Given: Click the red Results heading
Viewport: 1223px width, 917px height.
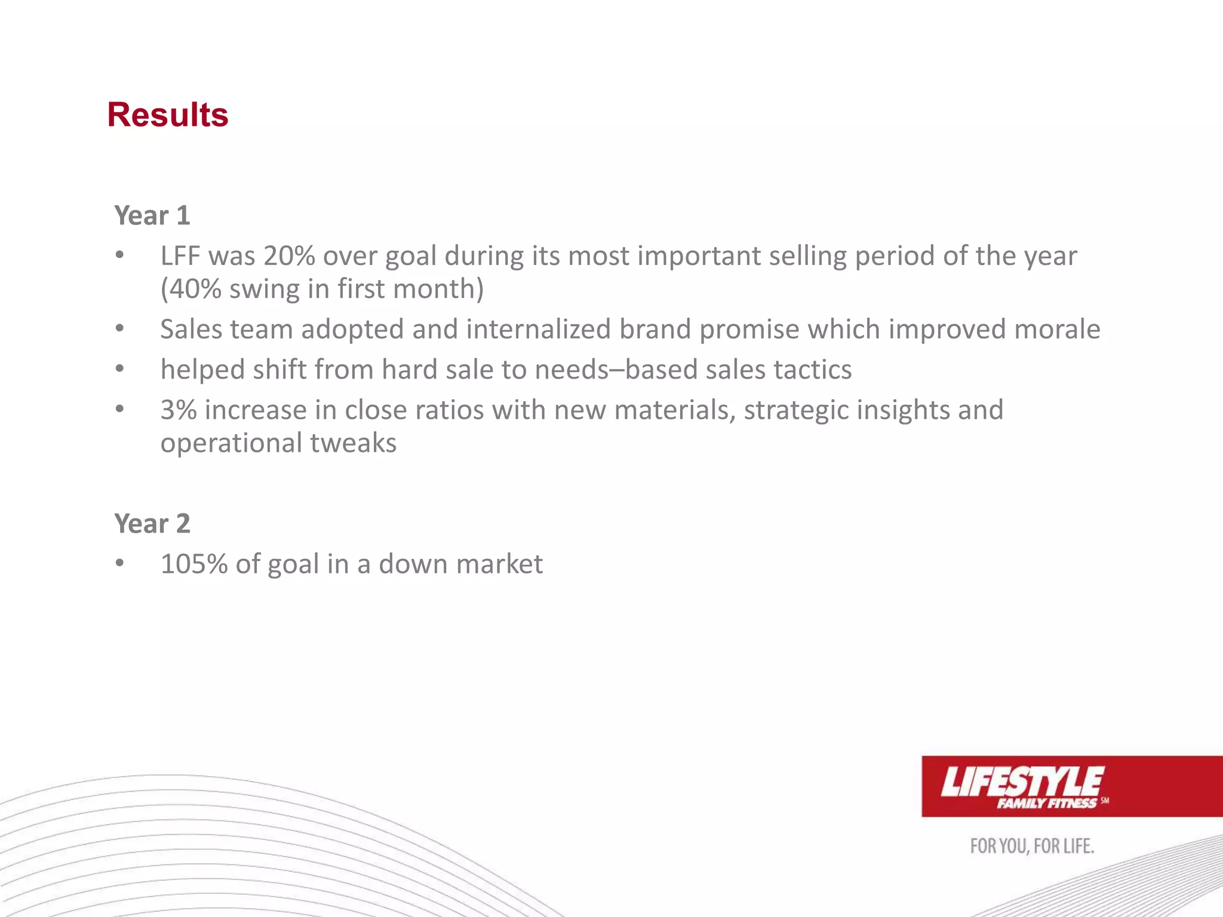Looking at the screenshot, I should tap(168, 115).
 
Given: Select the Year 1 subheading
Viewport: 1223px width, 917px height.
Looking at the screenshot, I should tap(152, 216).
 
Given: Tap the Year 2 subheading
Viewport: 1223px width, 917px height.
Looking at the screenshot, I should tap(152, 524).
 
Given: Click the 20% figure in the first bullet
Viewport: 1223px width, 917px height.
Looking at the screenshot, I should tap(289, 256).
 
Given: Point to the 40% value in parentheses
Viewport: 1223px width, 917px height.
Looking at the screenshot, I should tap(195, 289).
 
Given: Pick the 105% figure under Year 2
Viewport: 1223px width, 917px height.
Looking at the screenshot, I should tap(194, 564).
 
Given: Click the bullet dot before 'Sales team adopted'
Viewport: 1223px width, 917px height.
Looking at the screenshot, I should tap(120, 328).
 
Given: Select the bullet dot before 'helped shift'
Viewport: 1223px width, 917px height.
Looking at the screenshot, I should tap(120, 369).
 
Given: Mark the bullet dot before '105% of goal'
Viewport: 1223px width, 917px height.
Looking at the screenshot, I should tap(120, 563).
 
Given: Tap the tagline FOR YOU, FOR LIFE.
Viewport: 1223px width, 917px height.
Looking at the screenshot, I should tap(1032, 847).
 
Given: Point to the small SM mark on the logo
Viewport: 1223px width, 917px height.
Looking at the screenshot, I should tap(1105, 801).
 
